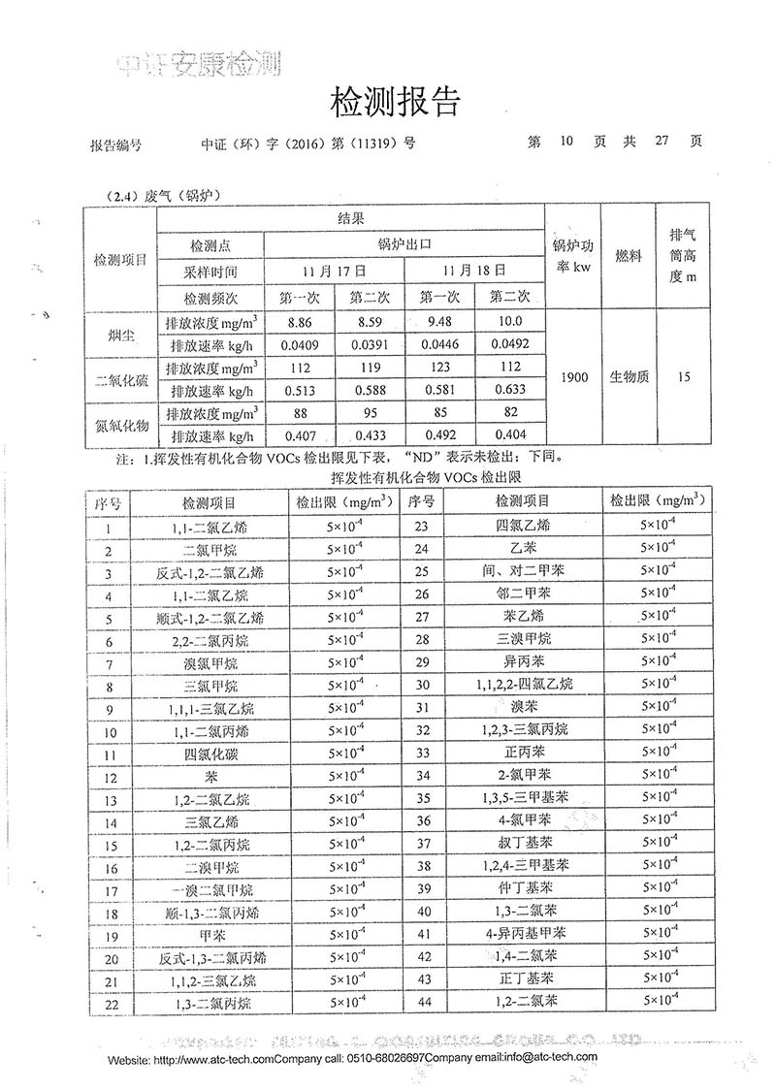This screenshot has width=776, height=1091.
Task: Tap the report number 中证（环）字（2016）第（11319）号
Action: click(x=307, y=142)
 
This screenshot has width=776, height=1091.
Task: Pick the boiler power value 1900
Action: click(x=572, y=378)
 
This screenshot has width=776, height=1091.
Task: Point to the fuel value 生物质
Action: click(x=628, y=378)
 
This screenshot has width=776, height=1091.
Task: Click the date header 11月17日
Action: click(x=334, y=271)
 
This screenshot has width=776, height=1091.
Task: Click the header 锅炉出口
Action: click(x=403, y=246)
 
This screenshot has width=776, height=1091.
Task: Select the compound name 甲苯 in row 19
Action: click(x=210, y=936)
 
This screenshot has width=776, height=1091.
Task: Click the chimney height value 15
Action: click(x=685, y=378)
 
